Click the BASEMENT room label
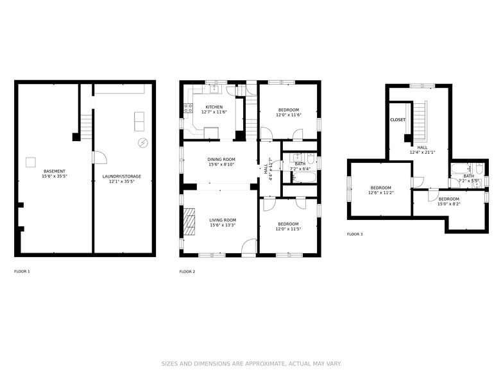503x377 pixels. pos(55,171)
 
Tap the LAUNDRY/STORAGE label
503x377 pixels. pos(122,176)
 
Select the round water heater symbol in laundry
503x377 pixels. pos(142,142)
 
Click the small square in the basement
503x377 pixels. pos(30,162)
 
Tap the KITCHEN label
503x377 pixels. pos(214,107)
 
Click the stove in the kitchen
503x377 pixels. pos(189,108)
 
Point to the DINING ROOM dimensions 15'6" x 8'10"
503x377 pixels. pos(221,165)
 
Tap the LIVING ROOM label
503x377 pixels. pos(223,220)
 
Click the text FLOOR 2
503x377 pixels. pos(187,272)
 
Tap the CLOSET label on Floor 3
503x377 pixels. pos(398,120)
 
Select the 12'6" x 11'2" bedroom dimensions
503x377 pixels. pos(380,193)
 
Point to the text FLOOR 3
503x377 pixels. pos(355,235)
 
